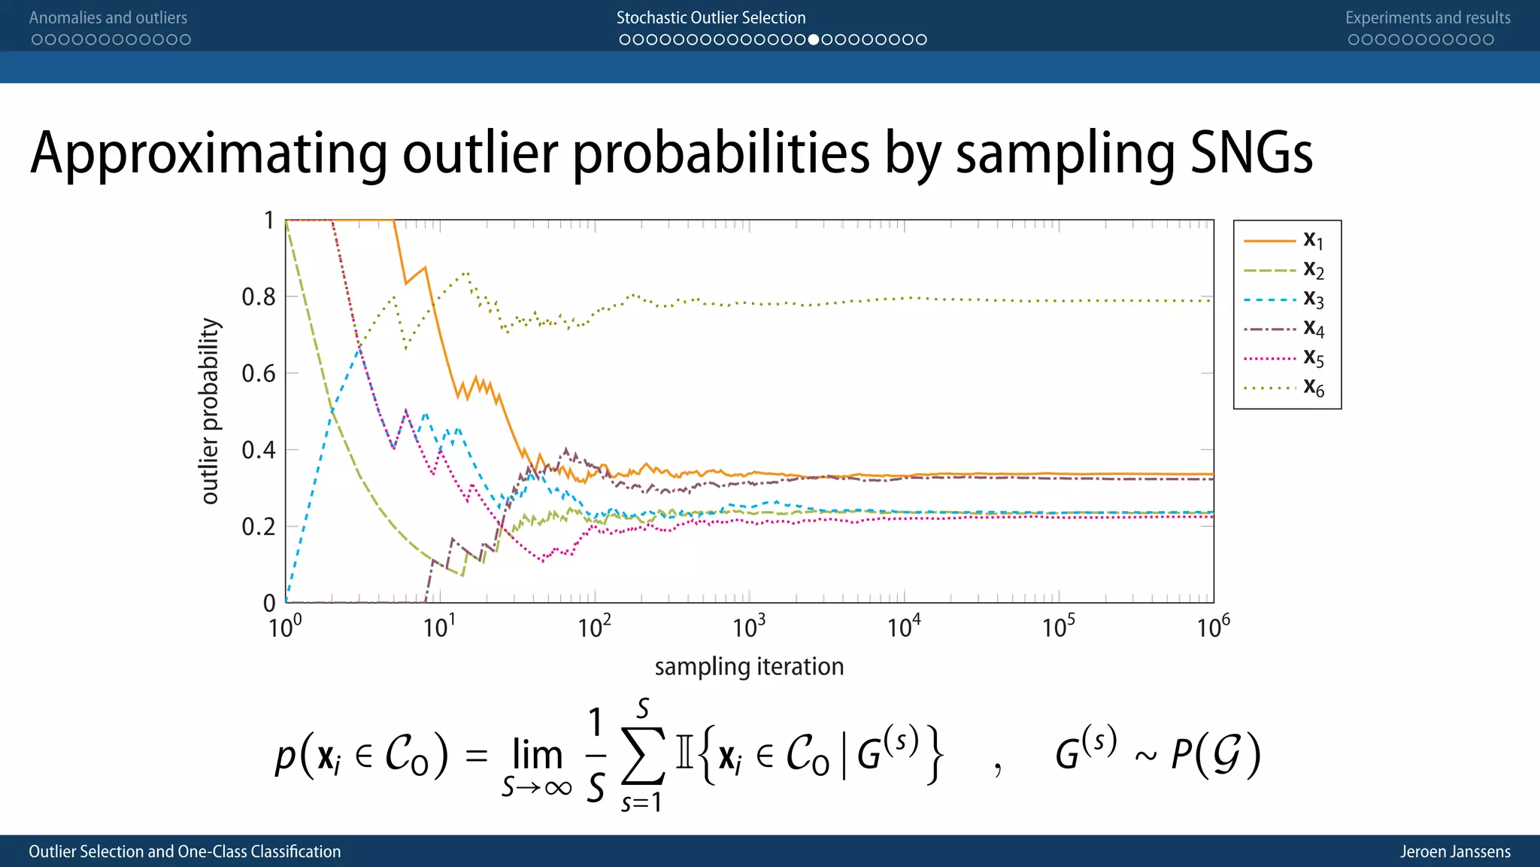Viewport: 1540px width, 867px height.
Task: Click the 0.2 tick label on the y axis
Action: point(258,527)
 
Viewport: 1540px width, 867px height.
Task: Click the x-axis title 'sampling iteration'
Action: point(749,667)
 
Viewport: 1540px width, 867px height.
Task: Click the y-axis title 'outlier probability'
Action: point(210,411)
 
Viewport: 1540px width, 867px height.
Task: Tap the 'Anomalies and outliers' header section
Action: point(108,18)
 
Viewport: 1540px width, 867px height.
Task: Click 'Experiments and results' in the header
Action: point(1427,18)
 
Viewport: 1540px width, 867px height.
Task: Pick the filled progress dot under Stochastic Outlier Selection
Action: point(814,40)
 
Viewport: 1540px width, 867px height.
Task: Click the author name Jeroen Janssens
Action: point(1455,851)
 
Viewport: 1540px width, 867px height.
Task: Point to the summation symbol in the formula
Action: point(643,756)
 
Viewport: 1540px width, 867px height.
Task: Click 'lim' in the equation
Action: point(537,754)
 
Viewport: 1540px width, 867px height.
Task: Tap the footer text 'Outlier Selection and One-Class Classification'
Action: point(185,851)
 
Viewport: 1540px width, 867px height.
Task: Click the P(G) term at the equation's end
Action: point(1215,755)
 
